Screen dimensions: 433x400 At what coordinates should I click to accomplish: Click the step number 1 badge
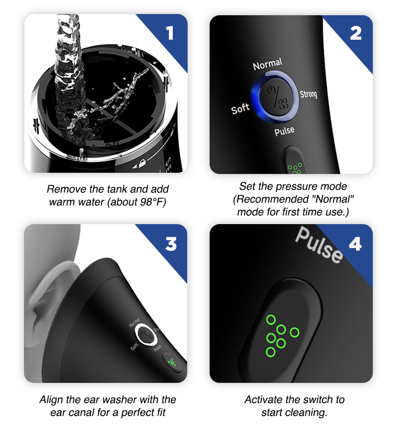coord(170,33)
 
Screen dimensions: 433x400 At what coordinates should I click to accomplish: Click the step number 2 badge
coord(355,33)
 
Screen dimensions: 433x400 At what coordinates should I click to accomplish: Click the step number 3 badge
coord(170,244)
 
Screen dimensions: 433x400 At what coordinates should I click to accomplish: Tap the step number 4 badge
coord(355,244)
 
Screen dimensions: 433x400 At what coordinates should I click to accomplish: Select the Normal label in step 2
coord(267,65)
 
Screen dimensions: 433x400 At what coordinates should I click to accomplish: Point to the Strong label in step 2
coord(308,94)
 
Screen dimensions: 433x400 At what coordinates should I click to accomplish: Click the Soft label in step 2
coord(241,109)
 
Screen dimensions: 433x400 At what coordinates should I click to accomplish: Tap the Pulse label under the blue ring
coord(284,131)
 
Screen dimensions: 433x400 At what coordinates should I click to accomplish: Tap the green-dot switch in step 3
coord(173,362)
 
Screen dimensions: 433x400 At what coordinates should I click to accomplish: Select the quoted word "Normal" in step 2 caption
coord(333,199)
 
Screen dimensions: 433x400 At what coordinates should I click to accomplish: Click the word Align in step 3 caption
coord(51,400)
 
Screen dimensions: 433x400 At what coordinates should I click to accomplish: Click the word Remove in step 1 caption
coord(63,189)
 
